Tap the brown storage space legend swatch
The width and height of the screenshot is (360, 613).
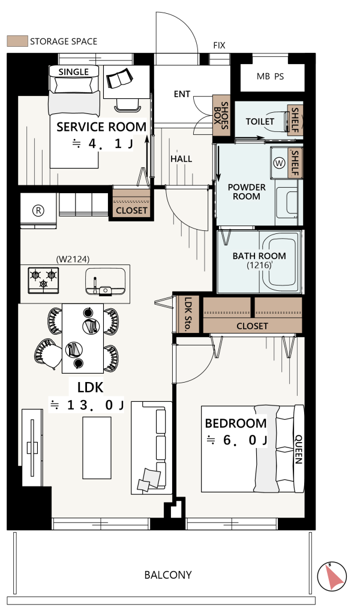coord(17,41)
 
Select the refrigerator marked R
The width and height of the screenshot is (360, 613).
coord(38,211)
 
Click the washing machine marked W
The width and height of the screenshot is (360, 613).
coord(280,163)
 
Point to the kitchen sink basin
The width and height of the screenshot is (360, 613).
coord(106,281)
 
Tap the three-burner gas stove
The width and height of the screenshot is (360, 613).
coord(43,280)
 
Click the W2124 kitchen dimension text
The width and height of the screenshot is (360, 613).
coord(73,259)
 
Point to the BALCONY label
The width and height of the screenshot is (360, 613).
coord(168,575)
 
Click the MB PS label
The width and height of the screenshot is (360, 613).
coord(270,77)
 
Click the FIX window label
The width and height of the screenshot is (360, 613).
coord(219,46)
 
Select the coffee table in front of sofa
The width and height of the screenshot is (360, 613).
coord(97,447)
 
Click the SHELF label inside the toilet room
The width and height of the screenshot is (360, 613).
coord(295,120)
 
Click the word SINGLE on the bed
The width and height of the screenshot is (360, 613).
coord(73,72)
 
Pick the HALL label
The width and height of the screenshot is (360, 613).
coord(181,159)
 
